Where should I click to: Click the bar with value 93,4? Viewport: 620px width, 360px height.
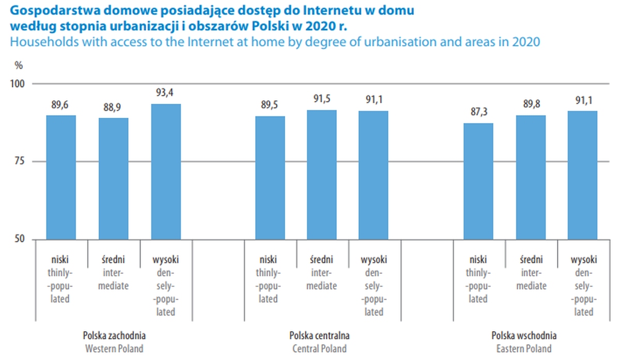[x=166, y=171]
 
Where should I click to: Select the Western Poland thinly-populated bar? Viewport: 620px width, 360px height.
[x=61, y=177]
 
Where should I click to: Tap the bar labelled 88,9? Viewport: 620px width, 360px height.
[x=114, y=179]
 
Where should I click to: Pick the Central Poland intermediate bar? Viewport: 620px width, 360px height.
[x=321, y=175]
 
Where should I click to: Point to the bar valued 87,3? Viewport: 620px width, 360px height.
[x=478, y=181]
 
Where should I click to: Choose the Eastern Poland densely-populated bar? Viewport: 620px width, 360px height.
[x=582, y=175]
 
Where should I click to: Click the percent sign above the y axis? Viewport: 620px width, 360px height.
[x=19, y=66]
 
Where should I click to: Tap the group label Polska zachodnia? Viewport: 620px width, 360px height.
[x=114, y=335]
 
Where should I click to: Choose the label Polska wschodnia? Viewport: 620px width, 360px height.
[x=524, y=335]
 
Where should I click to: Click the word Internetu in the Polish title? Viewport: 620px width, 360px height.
[x=329, y=10]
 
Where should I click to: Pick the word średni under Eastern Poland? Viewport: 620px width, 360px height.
[x=530, y=260]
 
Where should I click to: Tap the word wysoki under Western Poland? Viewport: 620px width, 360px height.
[x=166, y=260]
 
